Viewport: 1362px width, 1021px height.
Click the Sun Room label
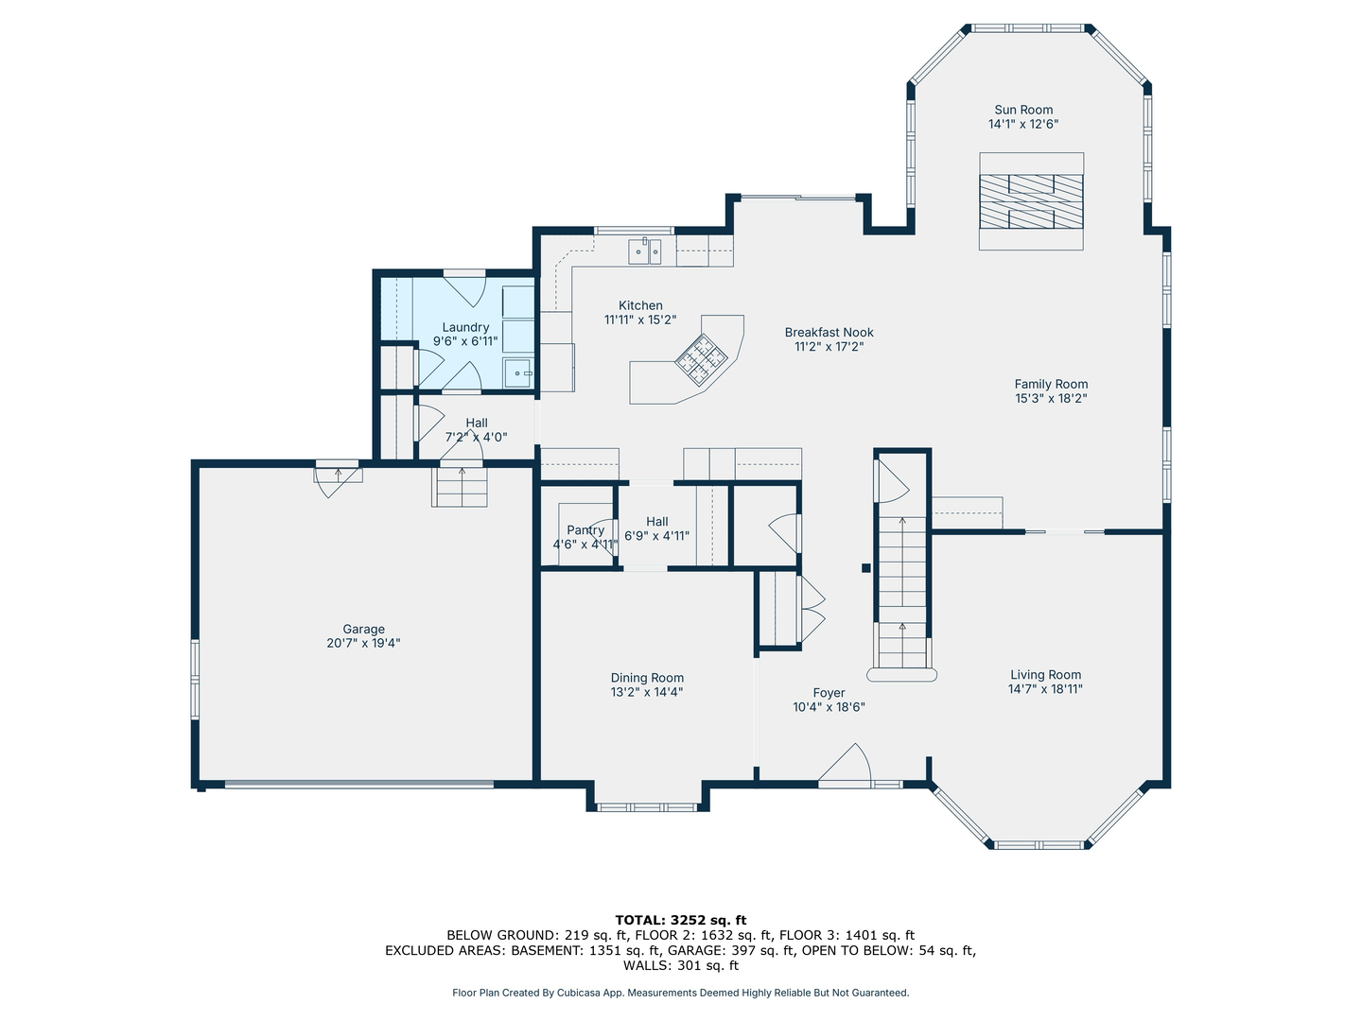pos(1023,110)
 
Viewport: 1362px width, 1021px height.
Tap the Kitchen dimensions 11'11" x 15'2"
pos(640,320)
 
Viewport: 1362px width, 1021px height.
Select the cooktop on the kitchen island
pos(701,360)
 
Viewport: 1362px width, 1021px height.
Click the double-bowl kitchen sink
pos(645,251)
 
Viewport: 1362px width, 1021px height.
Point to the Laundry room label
pos(465,327)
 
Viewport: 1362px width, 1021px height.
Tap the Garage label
pos(363,629)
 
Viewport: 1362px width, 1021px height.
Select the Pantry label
pos(585,530)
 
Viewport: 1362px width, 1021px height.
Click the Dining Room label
pos(647,678)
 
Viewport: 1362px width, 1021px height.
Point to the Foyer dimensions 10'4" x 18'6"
pos(829,707)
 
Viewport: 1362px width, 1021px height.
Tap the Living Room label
pos(1045,674)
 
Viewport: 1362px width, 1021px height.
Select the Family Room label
pos(1051,384)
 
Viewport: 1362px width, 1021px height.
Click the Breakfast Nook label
pos(829,332)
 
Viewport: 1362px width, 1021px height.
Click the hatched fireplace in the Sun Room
pos(1031,201)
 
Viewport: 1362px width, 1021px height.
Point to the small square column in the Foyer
pos(866,568)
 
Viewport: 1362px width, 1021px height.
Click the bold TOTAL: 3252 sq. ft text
pos(681,920)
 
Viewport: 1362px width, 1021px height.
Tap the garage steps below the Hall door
pos(460,487)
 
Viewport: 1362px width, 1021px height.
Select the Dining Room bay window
pos(647,807)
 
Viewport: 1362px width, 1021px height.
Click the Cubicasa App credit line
pos(681,993)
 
